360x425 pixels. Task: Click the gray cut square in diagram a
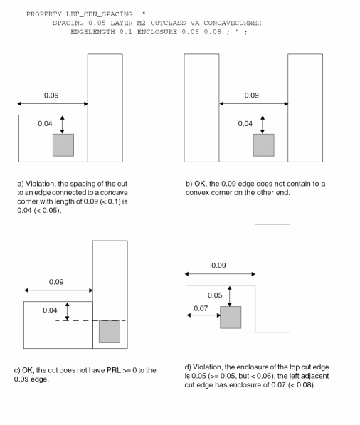point(63,145)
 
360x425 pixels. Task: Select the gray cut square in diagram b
point(263,145)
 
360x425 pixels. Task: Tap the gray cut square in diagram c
point(110,332)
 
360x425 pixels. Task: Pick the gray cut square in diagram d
point(231,318)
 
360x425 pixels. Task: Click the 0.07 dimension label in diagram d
point(201,308)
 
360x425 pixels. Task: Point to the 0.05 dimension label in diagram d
point(215,295)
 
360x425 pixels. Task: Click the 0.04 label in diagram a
point(45,124)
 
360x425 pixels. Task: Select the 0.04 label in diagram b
point(245,124)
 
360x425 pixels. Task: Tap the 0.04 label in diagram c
point(50,310)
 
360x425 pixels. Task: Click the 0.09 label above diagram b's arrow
point(252,95)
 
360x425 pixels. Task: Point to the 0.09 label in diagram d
point(218,266)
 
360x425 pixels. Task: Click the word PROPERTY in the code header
point(44,14)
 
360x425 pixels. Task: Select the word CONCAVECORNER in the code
point(233,23)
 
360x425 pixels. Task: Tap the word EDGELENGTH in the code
point(92,32)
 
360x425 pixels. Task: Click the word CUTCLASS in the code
point(168,23)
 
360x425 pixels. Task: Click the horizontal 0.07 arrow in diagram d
point(203,315)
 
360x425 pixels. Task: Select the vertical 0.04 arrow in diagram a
point(63,125)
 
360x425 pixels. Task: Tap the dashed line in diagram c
point(90,320)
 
